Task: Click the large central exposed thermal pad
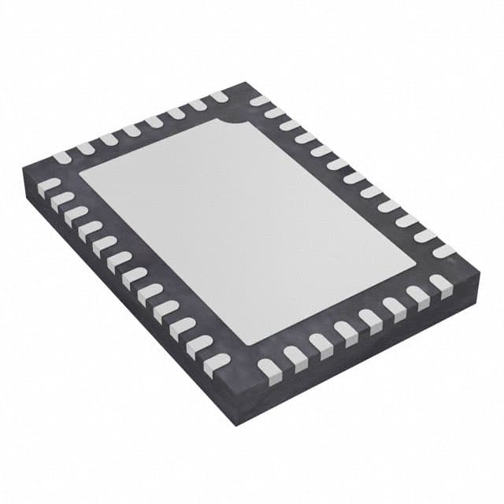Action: click(244, 228)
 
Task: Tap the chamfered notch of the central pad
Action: click(235, 126)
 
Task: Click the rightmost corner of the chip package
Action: click(480, 272)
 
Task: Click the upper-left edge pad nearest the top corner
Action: click(218, 97)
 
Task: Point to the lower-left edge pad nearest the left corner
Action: click(50, 186)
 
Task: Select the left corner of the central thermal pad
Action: click(80, 174)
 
